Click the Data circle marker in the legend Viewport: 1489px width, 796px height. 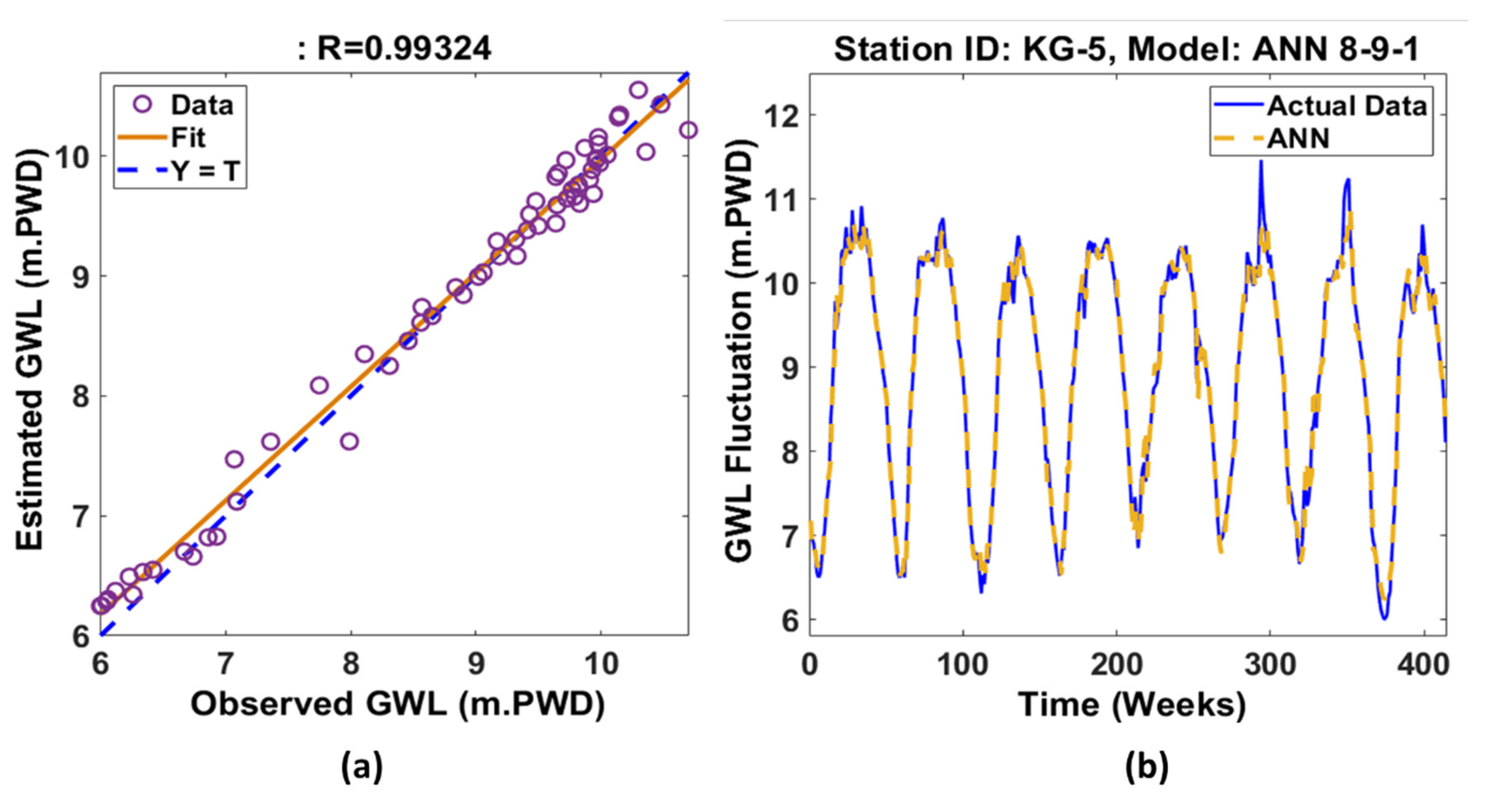click(x=142, y=104)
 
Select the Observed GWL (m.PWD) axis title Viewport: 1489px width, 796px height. click(x=398, y=705)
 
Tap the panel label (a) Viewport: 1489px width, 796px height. click(x=362, y=767)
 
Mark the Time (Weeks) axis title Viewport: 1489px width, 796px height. click(x=1132, y=705)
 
